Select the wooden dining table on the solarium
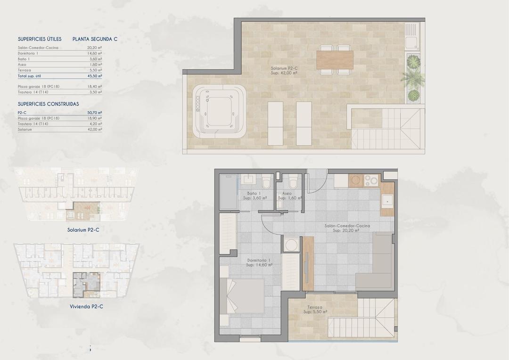point(335,59)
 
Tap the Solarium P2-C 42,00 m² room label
point(284,71)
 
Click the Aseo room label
point(287,194)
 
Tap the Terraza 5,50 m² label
point(315,309)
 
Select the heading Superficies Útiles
point(40,39)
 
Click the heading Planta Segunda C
point(95,39)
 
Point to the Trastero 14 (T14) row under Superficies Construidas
point(33,123)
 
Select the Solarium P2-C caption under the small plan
point(83,230)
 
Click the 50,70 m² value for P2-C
point(95,113)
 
